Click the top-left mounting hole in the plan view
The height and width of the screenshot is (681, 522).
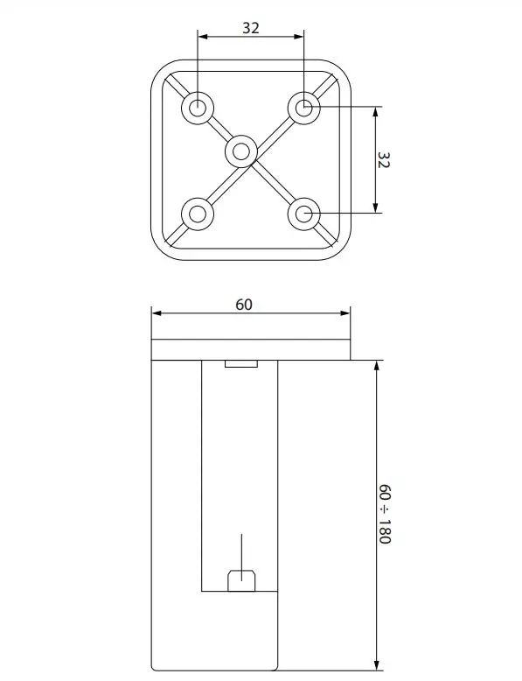198,107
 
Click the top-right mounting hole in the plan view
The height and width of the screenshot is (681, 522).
304,107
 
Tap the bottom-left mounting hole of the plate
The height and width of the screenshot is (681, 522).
198,214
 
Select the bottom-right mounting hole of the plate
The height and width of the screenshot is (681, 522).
304,214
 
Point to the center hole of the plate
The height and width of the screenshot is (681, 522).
241,151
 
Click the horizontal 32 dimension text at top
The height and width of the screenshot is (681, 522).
251,28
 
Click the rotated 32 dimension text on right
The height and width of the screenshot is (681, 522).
384,159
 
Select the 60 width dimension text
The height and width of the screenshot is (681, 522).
244,305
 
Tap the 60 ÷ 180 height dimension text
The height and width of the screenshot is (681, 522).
384,513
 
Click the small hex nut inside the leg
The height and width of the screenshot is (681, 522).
241,580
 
